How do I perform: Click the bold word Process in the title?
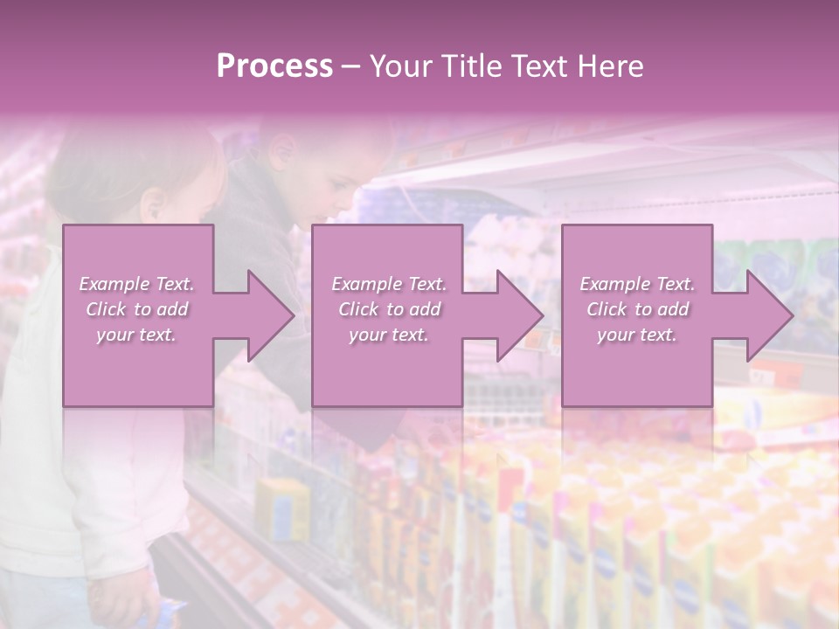point(274,66)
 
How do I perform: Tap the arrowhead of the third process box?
point(768,315)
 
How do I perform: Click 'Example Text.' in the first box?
point(136,284)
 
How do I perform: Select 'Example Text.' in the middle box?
point(389,284)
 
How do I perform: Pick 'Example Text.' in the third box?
point(637,284)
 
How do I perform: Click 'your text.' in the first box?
point(136,335)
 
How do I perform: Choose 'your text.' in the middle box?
point(389,335)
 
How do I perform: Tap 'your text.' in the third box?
point(637,335)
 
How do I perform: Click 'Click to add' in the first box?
point(136,309)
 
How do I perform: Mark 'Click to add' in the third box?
point(637,309)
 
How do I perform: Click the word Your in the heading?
point(399,66)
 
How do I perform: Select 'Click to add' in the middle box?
point(389,309)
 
